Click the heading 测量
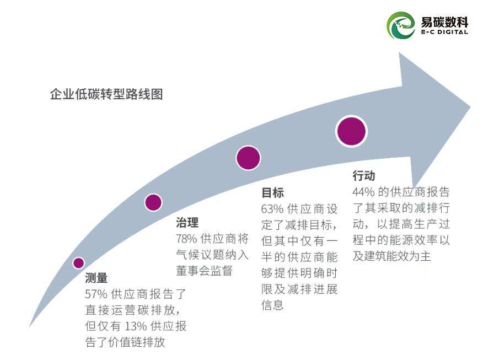[x=96, y=278]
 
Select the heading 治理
[x=187, y=223]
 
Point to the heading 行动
[x=364, y=176]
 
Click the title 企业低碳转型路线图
[x=106, y=94]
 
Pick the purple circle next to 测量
[x=79, y=263]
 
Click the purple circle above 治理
[x=153, y=202]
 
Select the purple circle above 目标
[x=248, y=158]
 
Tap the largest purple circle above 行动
[x=351, y=131]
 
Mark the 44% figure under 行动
[x=363, y=192]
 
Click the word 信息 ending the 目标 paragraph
[x=272, y=305]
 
